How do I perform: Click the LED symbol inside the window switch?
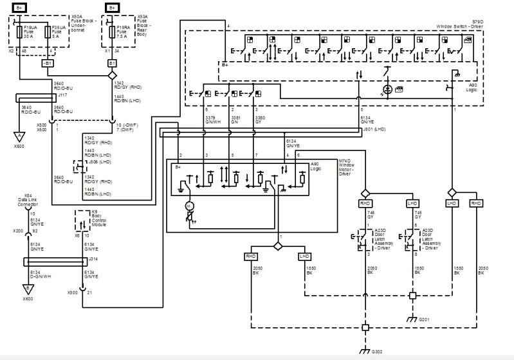pyautogui.click(x=387, y=89)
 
